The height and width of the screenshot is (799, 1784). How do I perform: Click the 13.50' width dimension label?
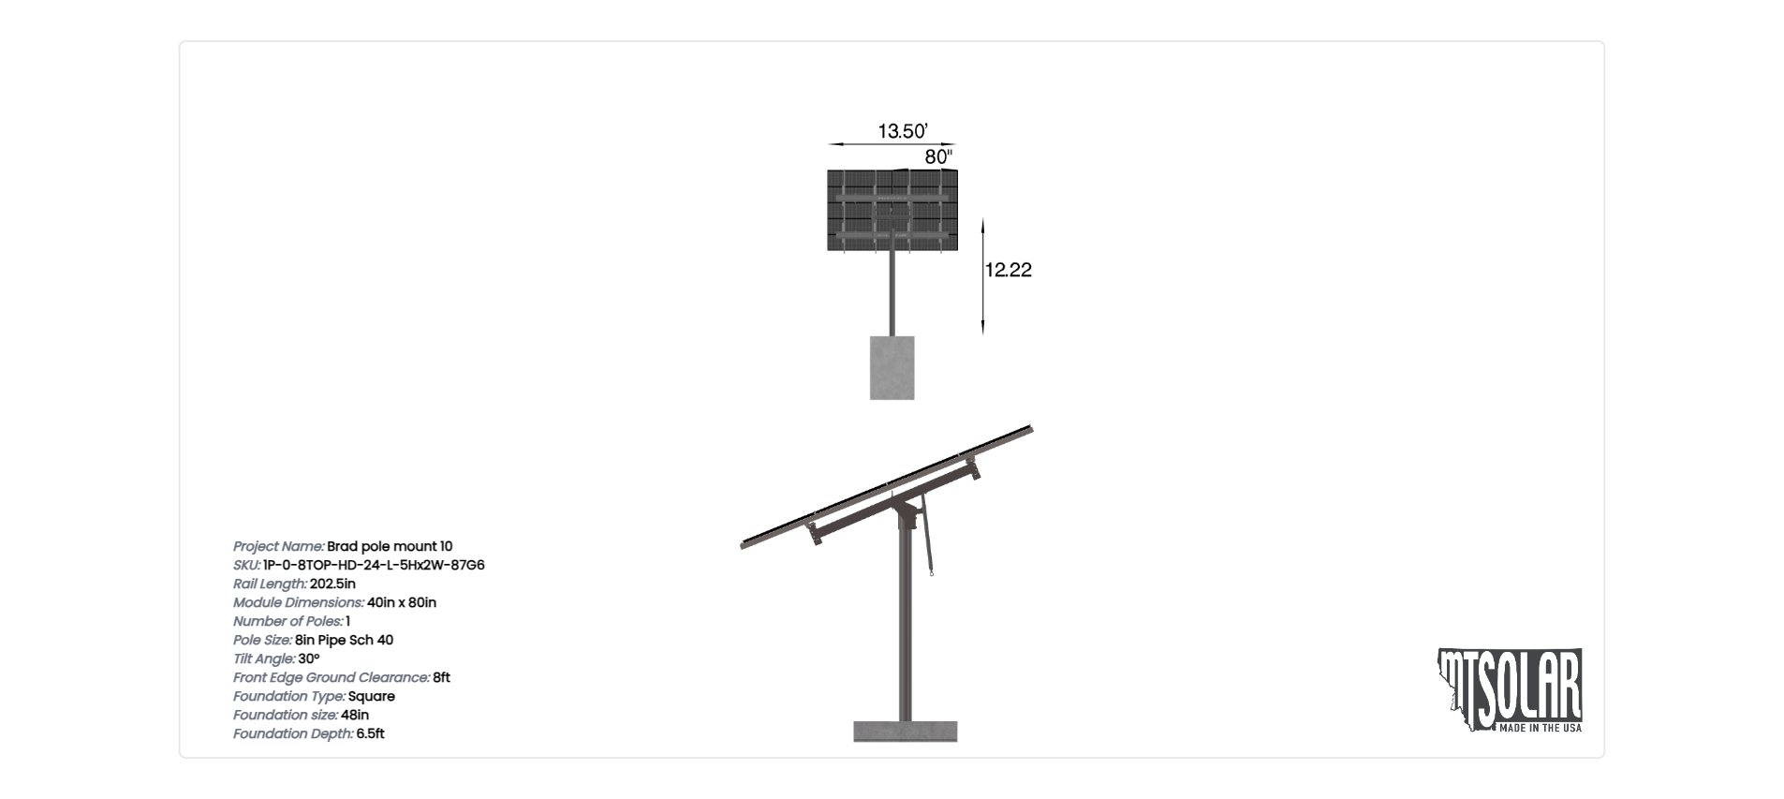point(902,131)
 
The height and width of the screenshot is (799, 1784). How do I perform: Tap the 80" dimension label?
point(938,157)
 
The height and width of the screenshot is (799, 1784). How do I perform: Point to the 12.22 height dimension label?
point(1008,270)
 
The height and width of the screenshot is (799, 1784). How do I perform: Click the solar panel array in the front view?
point(892,210)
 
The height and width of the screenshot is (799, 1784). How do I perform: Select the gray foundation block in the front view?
point(892,368)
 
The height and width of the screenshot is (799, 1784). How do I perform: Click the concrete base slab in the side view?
point(905,732)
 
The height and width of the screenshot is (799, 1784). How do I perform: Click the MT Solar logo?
point(1509,690)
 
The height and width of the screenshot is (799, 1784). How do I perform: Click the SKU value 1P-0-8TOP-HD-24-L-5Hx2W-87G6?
point(374,565)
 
